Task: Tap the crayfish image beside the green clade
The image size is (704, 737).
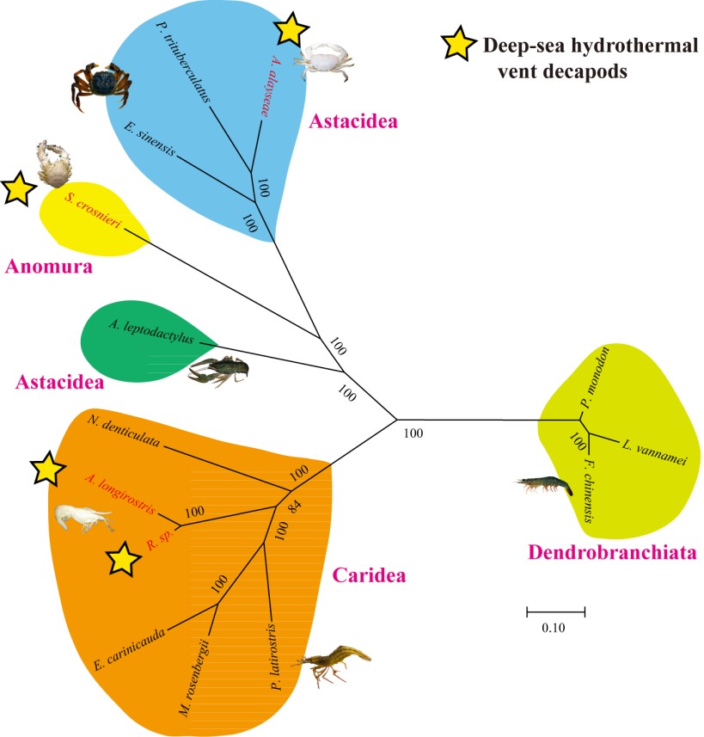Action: (219, 371)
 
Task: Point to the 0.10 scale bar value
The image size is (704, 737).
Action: (554, 628)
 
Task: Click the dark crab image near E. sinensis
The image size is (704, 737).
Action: (95, 83)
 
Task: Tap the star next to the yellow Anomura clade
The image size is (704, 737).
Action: (18, 188)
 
